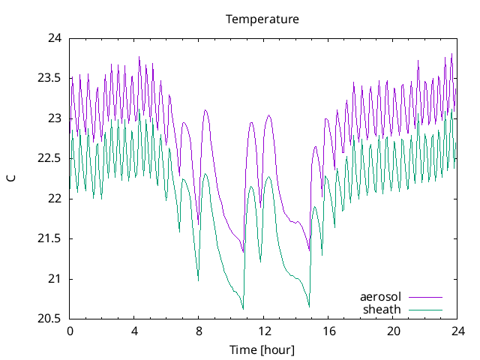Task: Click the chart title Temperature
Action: pos(262,19)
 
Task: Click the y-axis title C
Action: pos(11,178)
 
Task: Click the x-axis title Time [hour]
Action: pos(262,350)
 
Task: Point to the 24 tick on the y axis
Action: pos(55,38)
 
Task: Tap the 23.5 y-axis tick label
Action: pos(49,79)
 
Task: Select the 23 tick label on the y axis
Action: pos(55,118)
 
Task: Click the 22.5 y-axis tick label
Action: pos(49,159)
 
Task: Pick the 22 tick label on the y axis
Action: pos(55,199)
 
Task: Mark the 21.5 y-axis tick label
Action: pos(49,239)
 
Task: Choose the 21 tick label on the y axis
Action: pos(55,279)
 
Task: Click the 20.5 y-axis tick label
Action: pos(49,319)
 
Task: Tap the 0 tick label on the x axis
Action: pos(70,331)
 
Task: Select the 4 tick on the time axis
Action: pos(134,331)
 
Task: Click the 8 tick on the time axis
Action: pos(199,331)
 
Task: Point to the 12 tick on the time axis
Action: pos(263,331)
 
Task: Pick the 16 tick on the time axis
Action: pos(328,331)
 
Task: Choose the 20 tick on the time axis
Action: pos(392,331)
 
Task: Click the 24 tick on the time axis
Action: pos(457,331)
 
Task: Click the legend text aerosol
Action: pos(380,297)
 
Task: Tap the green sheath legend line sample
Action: pos(425,309)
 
